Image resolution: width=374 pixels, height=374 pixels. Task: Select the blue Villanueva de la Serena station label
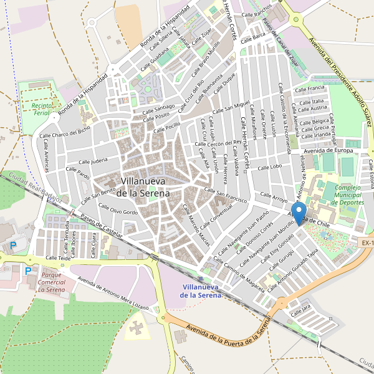coord(201,290)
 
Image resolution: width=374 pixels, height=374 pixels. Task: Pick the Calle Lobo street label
coord(269,167)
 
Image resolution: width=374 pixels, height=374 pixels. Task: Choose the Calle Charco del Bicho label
coord(64,133)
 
